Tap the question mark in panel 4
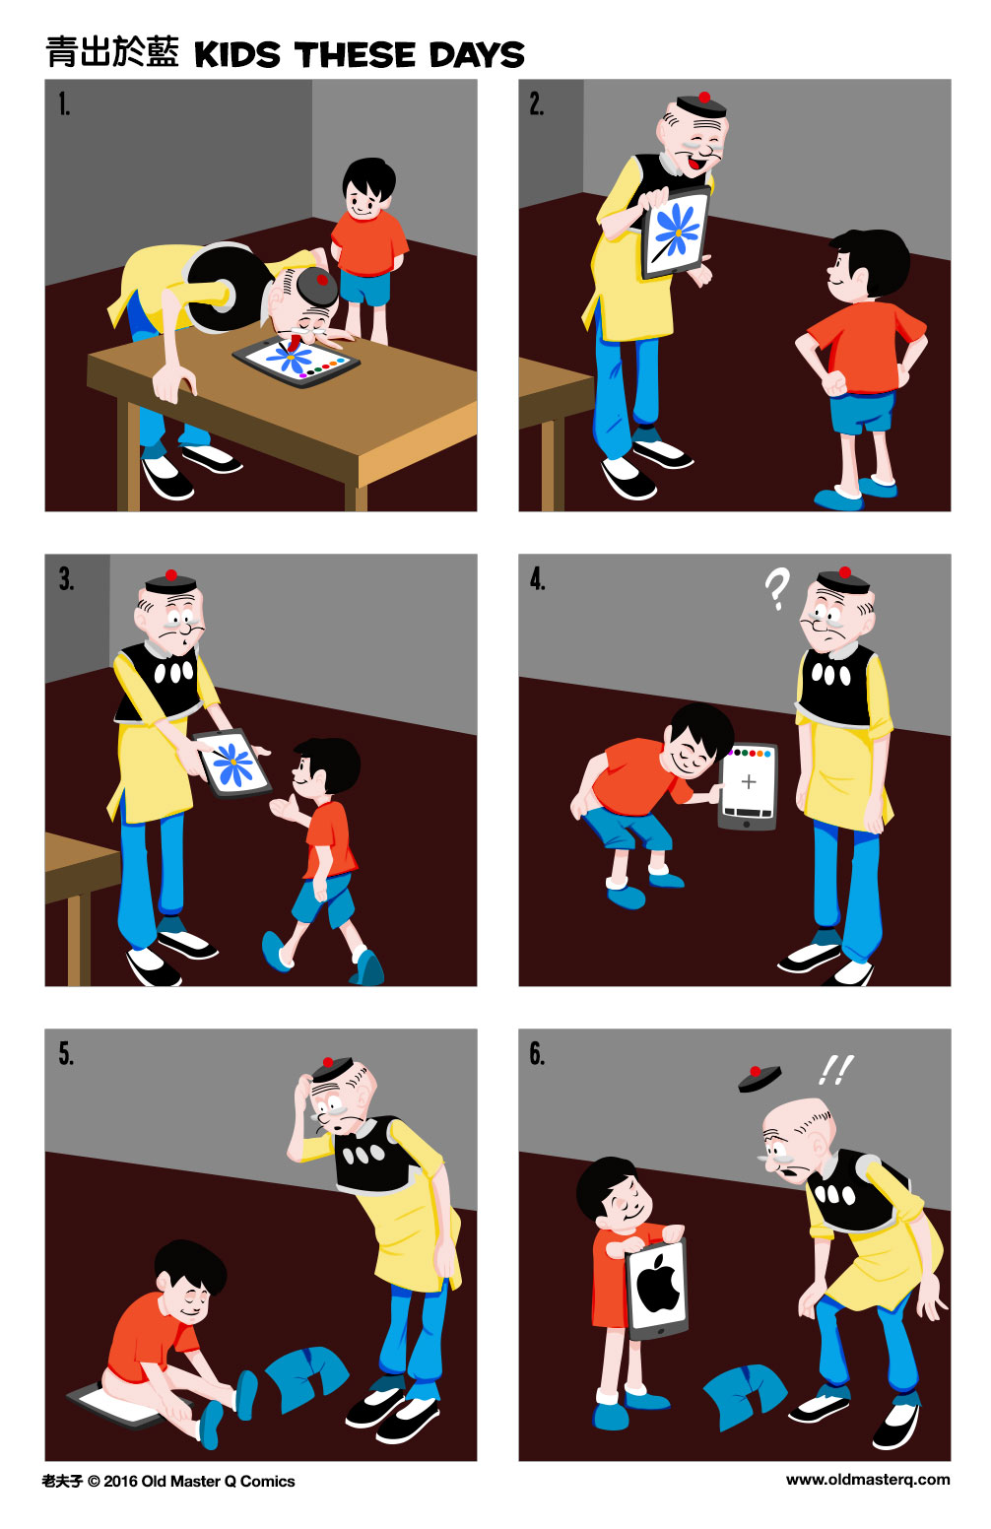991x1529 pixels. [x=777, y=589]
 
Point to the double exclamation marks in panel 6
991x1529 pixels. [x=835, y=1069]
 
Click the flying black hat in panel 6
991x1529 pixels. [x=760, y=1078]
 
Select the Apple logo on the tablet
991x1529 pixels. [x=659, y=1285]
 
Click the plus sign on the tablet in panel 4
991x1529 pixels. [x=749, y=782]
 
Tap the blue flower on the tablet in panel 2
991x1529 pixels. [x=678, y=232]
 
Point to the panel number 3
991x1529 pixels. [x=65, y=579]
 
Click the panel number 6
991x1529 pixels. [x=537, y=1054]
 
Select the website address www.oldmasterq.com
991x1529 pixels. [x=868, y=1480]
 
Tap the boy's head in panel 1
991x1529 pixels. [x=368, y=188]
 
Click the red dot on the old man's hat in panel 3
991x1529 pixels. [x=171, y=574]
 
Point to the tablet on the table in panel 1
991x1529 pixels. [x=296, y=361]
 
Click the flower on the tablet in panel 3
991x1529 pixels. [x=232, y=763]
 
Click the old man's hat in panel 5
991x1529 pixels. [x=331, y=1068]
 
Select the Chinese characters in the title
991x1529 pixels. [x=111, y=53]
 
